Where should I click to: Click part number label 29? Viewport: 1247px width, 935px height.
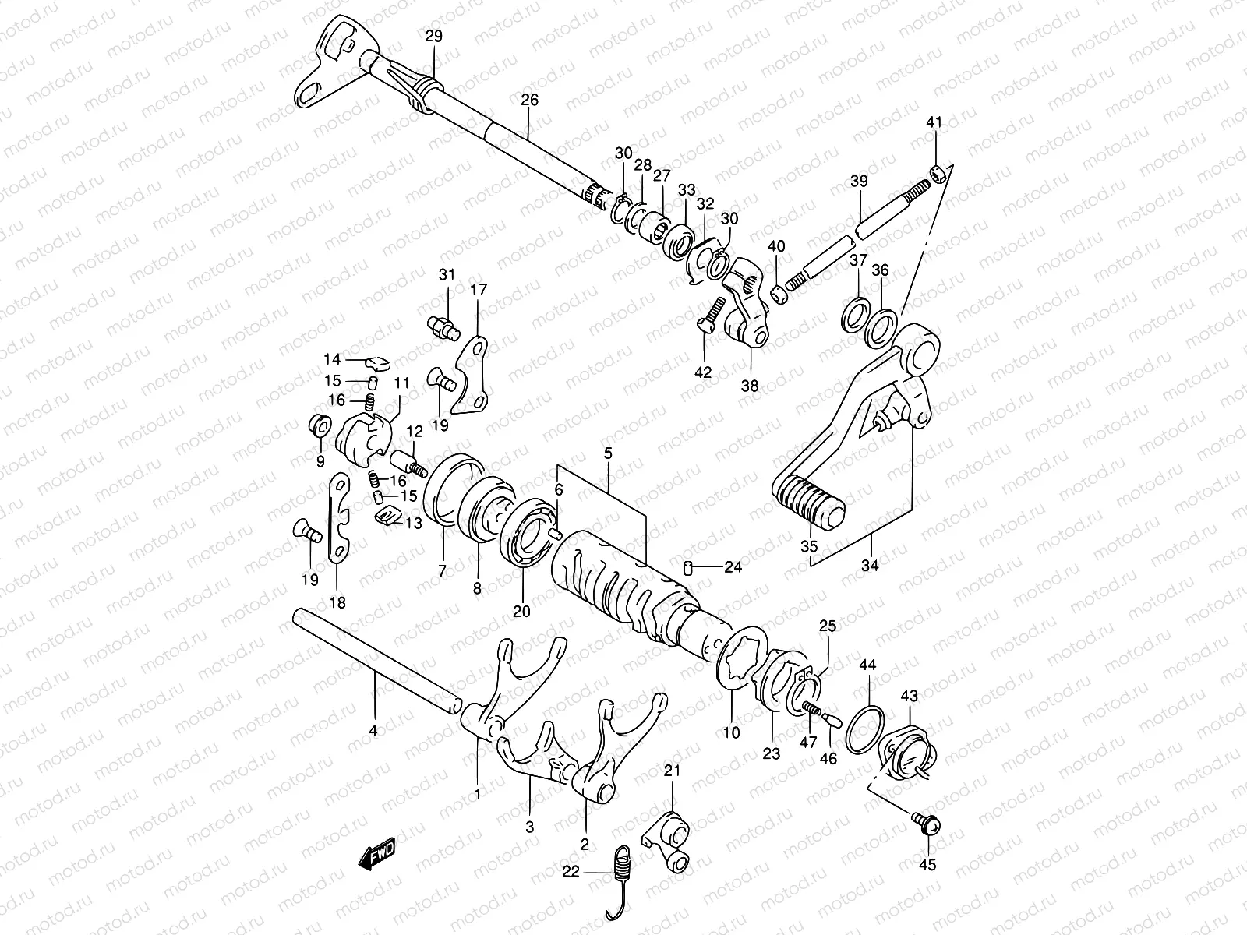434,36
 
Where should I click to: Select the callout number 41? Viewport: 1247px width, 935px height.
934,122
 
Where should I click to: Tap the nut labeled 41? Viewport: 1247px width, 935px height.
939,171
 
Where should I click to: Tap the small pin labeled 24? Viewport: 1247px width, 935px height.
689,566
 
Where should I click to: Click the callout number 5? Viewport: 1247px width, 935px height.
608,452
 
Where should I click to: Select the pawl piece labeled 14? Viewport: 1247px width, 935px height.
377,361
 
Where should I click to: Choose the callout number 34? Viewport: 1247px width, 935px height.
870,566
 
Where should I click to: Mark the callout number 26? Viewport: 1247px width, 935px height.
529,100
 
